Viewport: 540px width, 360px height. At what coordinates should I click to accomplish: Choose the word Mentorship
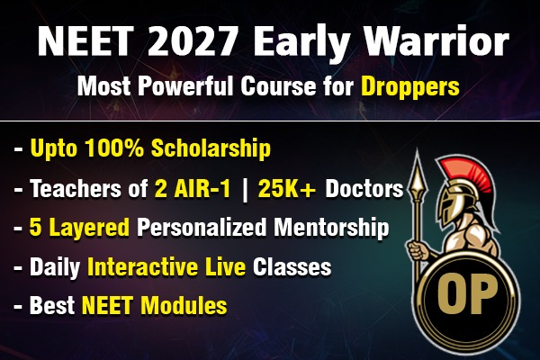335,227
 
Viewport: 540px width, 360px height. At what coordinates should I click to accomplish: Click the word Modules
187,306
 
